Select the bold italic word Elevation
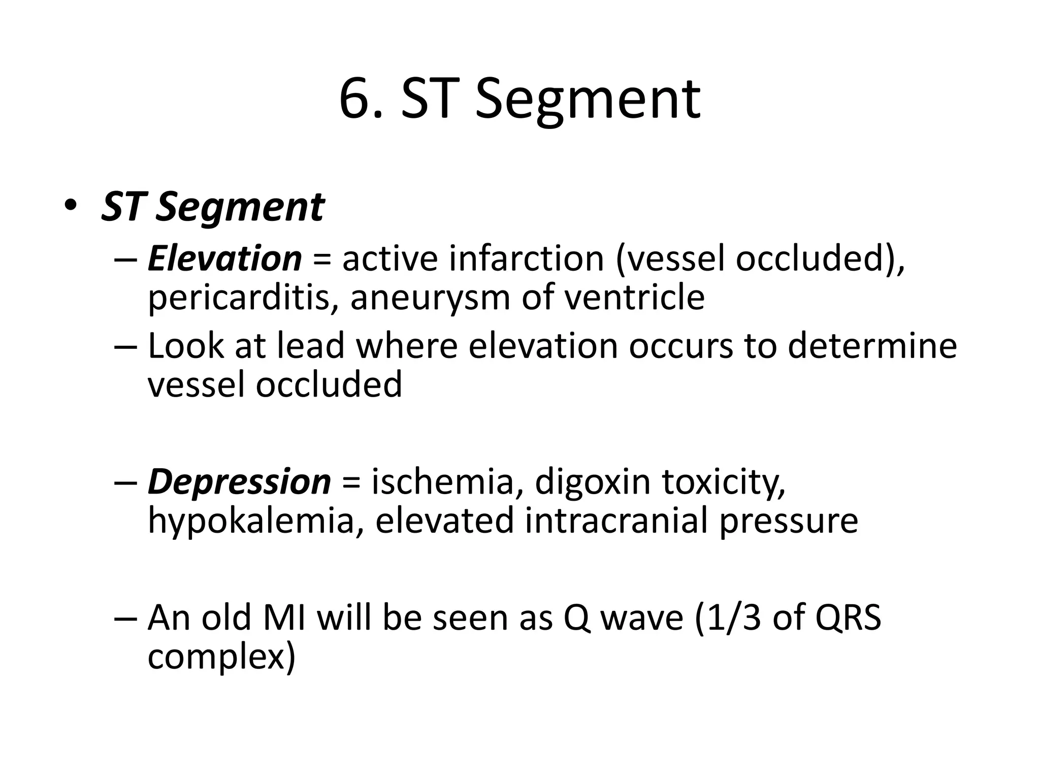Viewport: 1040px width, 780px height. pyautogui.click(x=224, y=258)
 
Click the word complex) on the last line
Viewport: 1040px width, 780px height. pyautogui.click(x=221, y=658)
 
